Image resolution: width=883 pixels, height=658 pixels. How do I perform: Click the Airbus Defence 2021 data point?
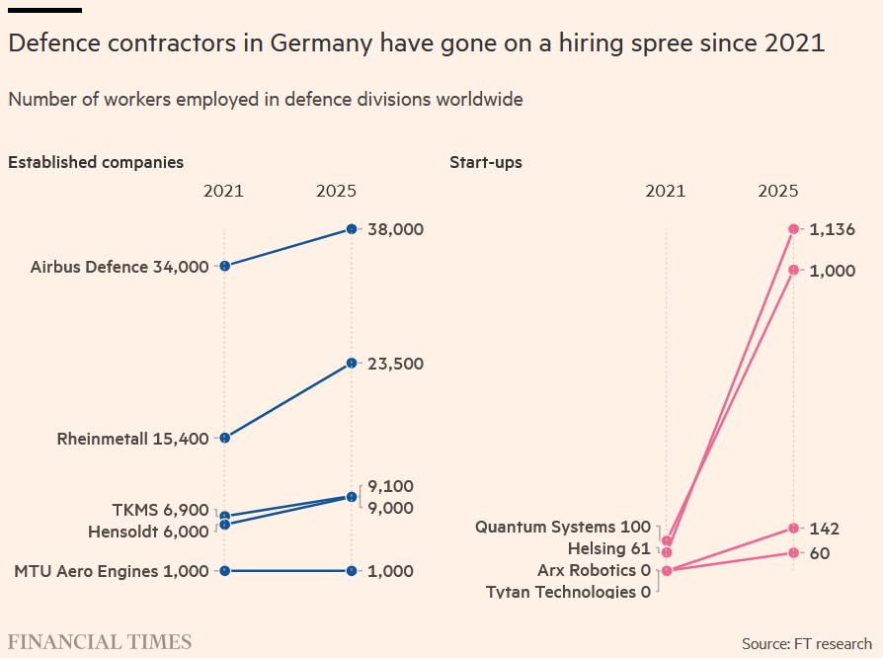coord(225,266)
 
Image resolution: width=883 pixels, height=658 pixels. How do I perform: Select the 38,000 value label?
coord(395,229)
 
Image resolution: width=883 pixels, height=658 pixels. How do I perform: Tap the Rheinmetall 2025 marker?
coord(352,364)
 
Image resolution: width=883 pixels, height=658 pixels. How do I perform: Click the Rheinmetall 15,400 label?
coord(132,438)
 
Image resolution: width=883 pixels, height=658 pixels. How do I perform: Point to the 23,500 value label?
coord(395,364)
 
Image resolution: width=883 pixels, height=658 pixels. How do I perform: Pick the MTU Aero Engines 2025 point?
coord(352,570)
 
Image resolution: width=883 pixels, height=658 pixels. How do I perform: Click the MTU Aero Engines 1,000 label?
coord(112,570)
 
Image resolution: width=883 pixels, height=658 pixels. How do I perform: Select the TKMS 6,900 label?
coord(160,510)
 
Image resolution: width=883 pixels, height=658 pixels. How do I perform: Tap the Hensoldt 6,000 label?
coord(148,531)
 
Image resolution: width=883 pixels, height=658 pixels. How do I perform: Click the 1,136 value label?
coord(832,229)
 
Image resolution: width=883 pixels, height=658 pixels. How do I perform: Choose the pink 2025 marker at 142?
coord(793,529)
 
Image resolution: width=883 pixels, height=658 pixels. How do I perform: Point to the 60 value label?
coord(819,553)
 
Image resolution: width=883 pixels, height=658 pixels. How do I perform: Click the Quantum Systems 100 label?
coord(563,527)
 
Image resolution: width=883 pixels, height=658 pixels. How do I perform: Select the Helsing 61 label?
coord(608,548)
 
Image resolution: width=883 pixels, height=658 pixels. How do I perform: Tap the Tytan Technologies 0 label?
coord(569,592)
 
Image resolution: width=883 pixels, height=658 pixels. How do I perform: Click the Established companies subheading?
coord(96,162)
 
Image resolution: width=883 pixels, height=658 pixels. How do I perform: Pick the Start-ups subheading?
coord(486,162)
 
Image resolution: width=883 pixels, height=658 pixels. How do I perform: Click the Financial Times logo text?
coord(100,642)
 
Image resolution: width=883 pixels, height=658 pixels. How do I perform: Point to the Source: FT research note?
coord(807,643)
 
